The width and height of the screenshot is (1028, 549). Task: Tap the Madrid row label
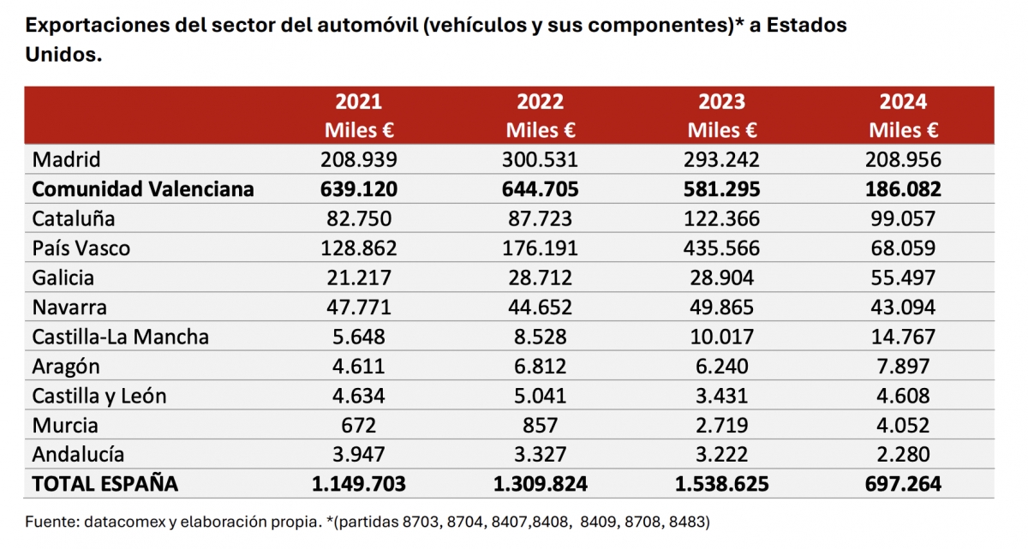[66, 159]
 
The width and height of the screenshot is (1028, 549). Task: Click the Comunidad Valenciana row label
[143, 189]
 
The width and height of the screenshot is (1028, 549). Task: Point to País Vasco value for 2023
[721, 248]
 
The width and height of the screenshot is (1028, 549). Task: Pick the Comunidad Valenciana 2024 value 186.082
[903, 189]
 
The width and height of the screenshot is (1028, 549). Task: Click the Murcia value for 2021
[358, 426]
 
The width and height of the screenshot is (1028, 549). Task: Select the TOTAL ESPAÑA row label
[105, 485]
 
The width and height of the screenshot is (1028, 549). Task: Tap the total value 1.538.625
[721, 485]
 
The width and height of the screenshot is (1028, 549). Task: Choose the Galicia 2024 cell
[903, 277]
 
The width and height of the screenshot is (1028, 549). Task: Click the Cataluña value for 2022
[540, 218]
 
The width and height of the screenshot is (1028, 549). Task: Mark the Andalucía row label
[78, 455]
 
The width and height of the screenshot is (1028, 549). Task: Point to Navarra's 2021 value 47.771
[358, 307]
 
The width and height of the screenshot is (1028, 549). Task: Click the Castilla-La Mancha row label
[120, 337]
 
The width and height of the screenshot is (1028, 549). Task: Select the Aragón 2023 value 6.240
[721, 367]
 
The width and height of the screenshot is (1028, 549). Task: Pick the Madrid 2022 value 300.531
[540, 159]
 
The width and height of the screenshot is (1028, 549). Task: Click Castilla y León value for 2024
[903, 396]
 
